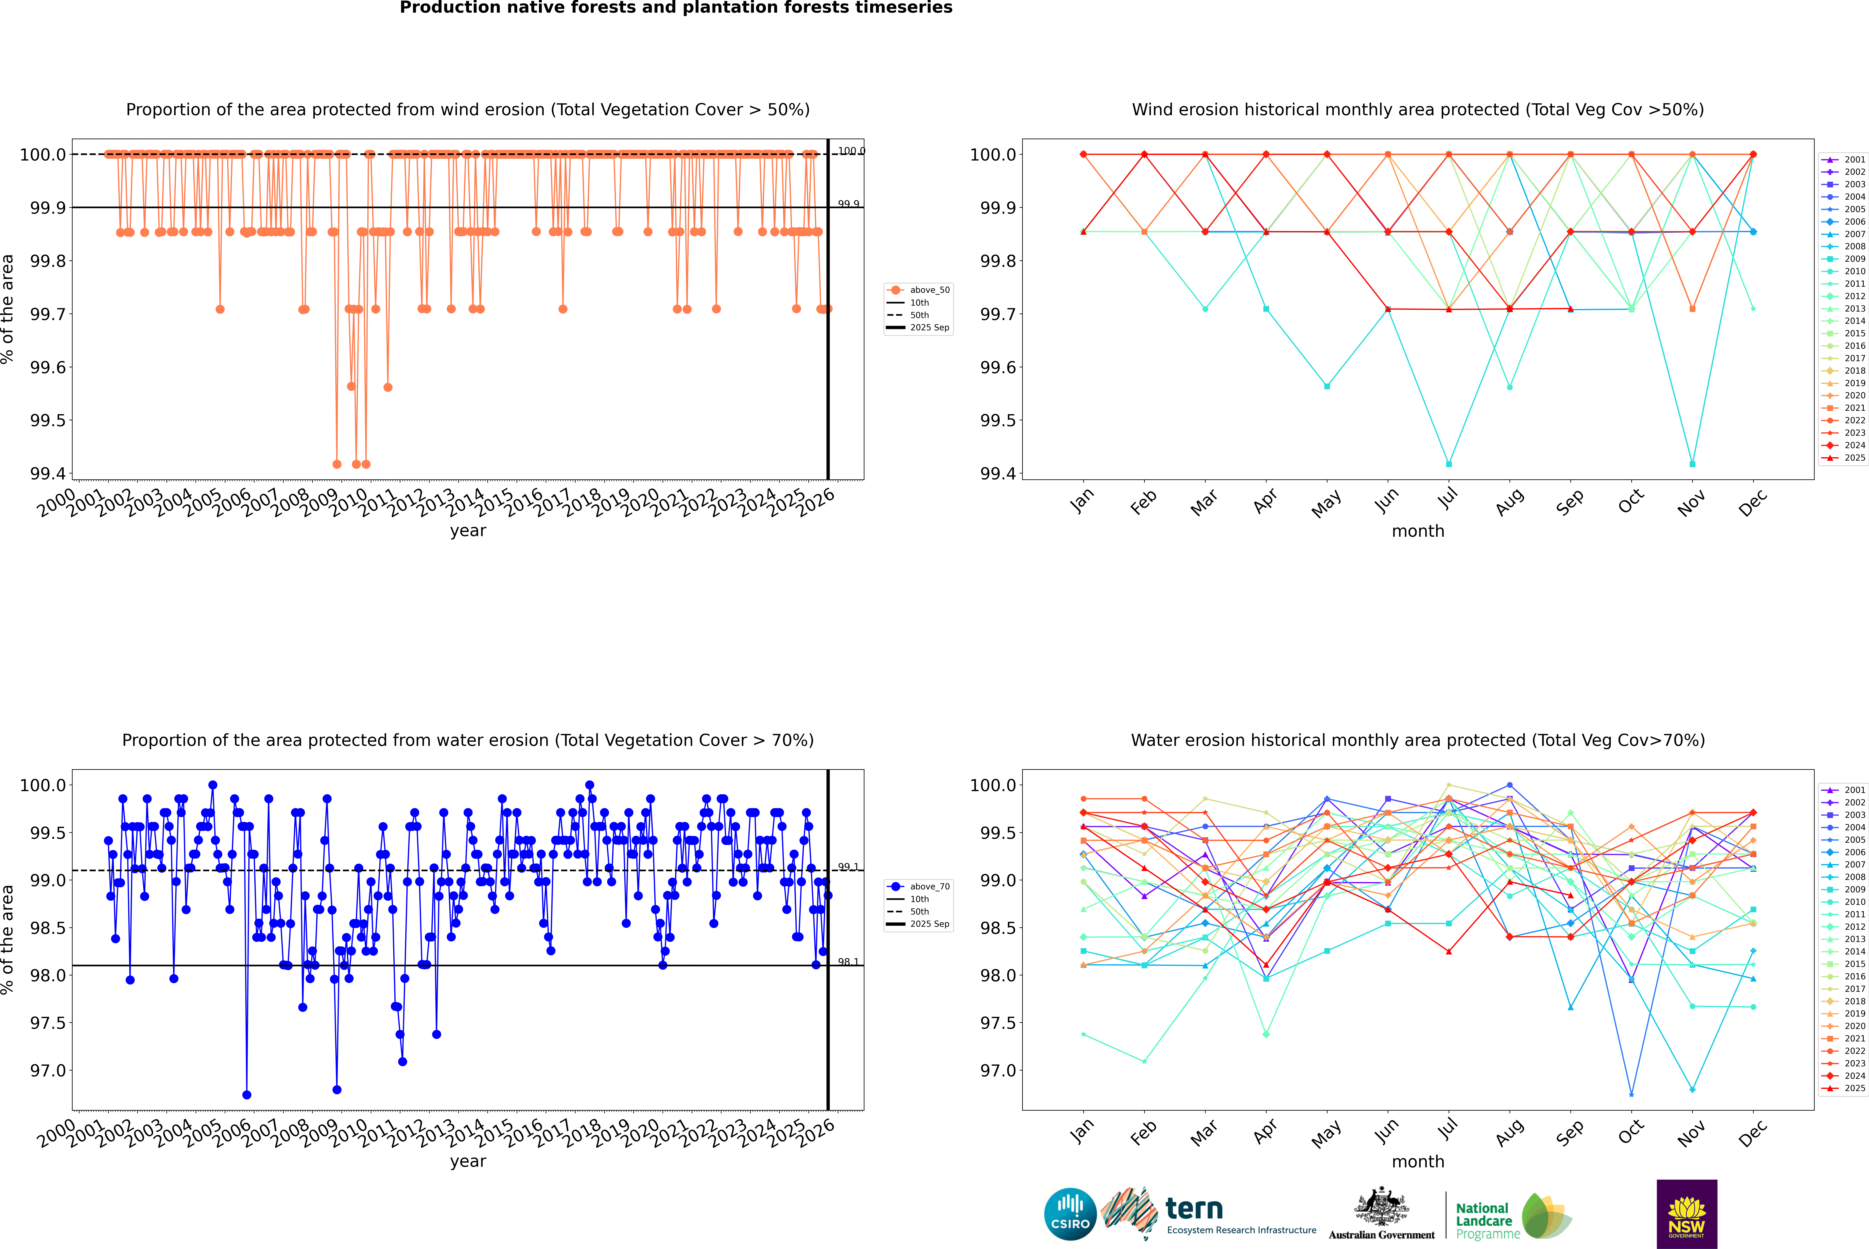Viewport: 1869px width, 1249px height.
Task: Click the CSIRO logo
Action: [1070, 1214]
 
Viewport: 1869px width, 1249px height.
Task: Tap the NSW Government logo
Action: [1687, 1214]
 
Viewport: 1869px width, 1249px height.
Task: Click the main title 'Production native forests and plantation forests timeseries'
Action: [676, 8]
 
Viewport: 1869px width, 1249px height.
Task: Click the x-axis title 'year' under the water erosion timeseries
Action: [468, 1161]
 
